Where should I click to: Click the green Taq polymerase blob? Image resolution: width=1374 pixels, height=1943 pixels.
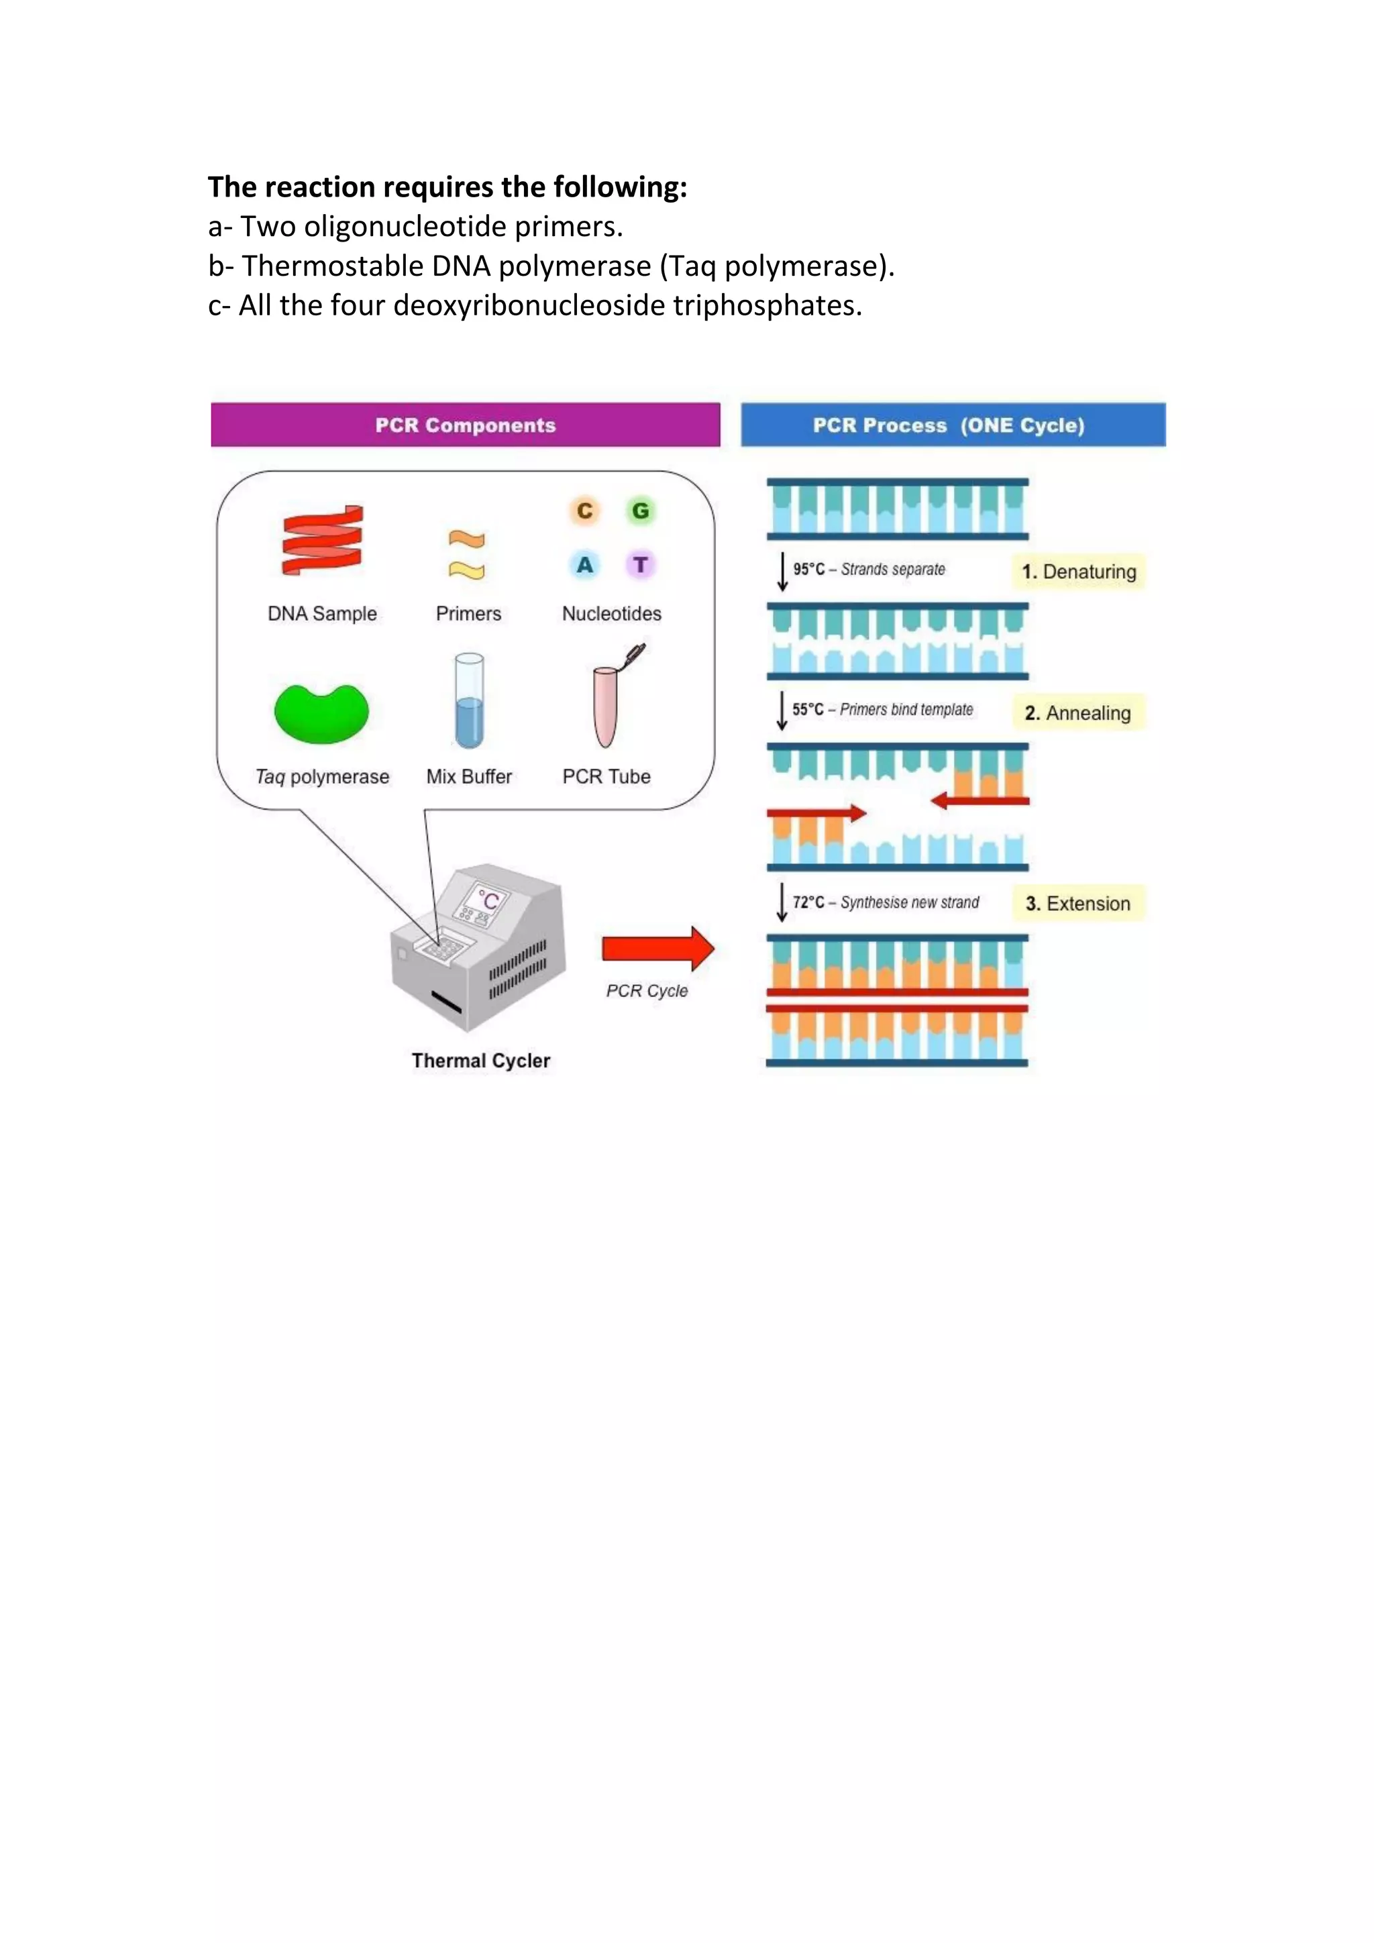(321, 713)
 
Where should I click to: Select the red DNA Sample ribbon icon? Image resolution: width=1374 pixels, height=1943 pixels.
(322, 540)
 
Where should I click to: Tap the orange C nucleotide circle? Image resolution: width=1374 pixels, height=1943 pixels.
(584, 511)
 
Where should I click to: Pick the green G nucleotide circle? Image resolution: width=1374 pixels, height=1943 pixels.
(641, 511)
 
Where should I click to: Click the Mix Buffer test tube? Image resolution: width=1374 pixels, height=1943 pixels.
(469, 700)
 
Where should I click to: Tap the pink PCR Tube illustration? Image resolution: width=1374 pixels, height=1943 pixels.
(606, 704)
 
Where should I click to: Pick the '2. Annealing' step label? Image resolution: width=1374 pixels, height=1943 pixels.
(1078, 713)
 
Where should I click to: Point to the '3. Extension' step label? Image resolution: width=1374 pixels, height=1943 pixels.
(1078, 904)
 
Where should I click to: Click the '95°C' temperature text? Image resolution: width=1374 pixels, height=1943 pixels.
(808, 570)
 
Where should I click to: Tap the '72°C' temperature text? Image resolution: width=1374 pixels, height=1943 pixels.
(808, 903)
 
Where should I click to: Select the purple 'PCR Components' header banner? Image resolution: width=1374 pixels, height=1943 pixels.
(466, 425)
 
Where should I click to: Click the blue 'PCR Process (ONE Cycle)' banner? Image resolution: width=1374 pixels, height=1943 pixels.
(953, 425)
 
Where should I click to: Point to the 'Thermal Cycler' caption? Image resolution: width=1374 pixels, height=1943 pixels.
(480, 1061)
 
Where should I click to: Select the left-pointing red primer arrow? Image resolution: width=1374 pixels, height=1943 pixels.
(980, 800)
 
